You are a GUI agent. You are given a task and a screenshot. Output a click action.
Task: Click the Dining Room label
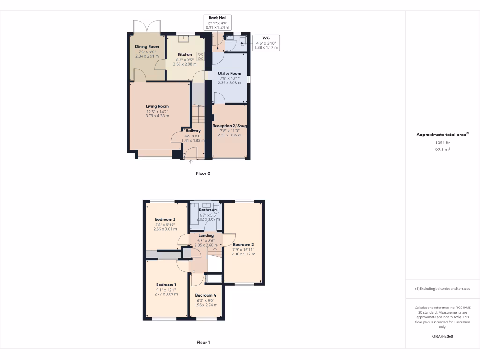tap(147, 47)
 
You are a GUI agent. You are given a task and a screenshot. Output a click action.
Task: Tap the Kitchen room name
tap(185, 55)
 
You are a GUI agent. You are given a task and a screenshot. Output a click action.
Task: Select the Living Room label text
tap(157, 106)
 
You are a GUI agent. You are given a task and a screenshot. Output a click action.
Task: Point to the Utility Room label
tap(229, 74)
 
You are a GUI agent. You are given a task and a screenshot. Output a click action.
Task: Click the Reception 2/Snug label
tap(230, 126)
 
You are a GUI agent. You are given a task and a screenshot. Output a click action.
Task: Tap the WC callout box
tap(266, 42)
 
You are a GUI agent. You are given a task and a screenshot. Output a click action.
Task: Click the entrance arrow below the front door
tap(191, 162)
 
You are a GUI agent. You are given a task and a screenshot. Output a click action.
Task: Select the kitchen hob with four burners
tap(201, 56)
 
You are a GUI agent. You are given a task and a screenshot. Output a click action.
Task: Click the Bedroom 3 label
tap(165, 219)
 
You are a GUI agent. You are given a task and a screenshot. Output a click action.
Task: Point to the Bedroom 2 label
tap(243, 245)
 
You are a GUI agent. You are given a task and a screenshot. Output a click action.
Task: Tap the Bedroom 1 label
tap(166, 285)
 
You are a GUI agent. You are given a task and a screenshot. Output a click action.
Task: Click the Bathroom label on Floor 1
tap(209, 210)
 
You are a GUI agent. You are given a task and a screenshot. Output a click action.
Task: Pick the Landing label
tap(206, 235)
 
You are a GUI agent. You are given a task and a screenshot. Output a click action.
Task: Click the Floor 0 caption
tap(203, 173)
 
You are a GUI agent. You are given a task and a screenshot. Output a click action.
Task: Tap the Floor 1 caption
tap(203, 342)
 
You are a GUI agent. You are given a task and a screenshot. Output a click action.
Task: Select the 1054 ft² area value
tap(442, 142)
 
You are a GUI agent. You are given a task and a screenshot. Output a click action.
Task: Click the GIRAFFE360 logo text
tap(442, 336)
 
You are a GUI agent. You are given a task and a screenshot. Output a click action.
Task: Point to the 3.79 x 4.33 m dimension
tap(157, 116)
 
